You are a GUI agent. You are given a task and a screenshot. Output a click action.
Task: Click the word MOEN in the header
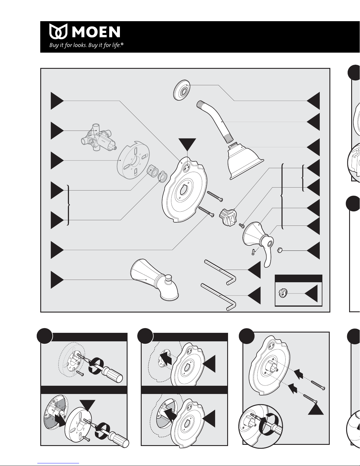coord(96,32)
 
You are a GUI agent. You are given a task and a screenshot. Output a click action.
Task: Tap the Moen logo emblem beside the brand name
coord(58,31)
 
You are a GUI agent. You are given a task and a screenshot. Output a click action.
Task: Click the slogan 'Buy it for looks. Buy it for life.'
coord(86,45)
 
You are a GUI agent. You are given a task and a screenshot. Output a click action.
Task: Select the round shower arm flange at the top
coord(182,90)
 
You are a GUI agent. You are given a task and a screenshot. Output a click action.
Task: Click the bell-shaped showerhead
coord(244,161)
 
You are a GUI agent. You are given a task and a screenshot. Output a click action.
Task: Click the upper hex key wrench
coord(220,272)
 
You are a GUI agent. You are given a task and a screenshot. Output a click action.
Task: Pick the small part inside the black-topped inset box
coord(283,293)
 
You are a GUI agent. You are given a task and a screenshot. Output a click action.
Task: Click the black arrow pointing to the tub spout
coord(57,280)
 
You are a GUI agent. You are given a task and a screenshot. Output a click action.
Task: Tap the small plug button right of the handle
coord(280,250)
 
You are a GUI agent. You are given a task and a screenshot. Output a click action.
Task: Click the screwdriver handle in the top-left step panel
coord(113,374)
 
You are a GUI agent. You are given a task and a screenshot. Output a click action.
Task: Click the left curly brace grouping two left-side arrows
coord(68,205)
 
